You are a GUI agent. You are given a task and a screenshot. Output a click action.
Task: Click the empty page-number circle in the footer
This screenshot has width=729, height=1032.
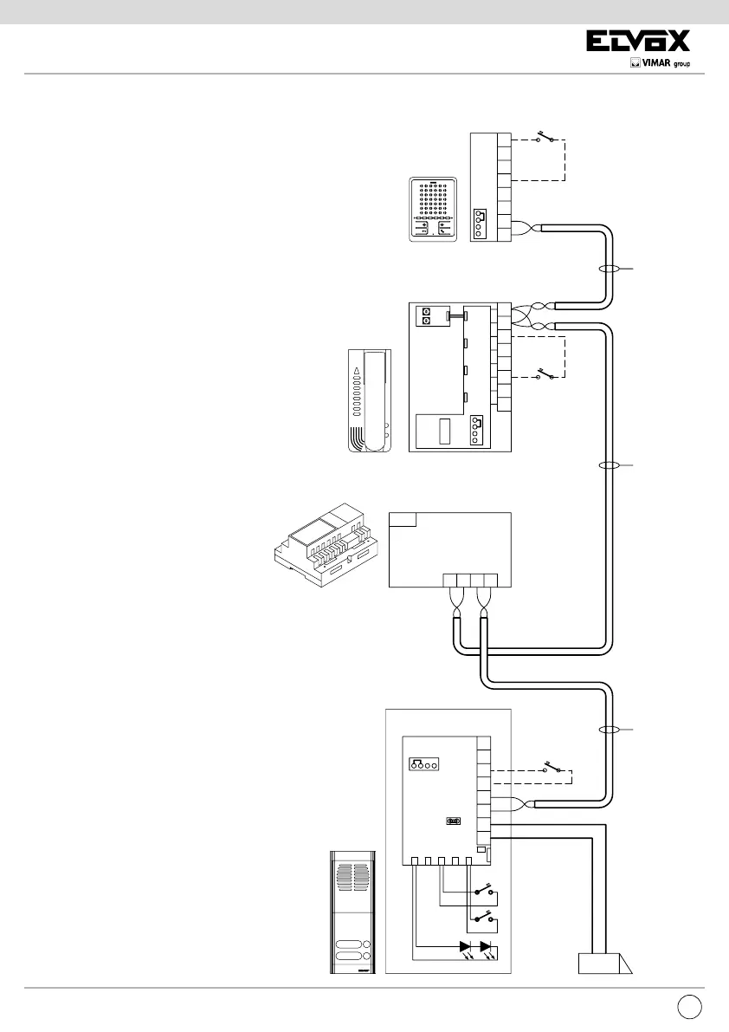coord(688,1006)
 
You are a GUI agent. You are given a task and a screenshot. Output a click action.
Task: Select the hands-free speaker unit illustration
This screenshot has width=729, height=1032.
coord(434,210)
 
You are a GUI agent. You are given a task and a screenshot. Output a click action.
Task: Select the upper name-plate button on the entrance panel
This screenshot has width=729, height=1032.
coord(349,945)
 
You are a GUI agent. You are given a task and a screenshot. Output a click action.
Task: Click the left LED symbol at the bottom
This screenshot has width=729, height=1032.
coord(466,947)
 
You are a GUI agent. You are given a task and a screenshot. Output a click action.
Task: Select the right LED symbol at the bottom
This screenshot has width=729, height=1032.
coord(487,947)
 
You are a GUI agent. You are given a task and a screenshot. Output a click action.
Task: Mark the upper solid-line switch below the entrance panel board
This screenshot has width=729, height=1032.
coord(481,891)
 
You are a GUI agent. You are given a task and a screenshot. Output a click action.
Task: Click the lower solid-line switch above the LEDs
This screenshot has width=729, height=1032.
coord(481,916)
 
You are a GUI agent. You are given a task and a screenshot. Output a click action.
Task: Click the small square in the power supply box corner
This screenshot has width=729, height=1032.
coord(402,519)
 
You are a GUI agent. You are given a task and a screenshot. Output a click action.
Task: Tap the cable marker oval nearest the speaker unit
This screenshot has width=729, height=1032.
coord(609,270)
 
